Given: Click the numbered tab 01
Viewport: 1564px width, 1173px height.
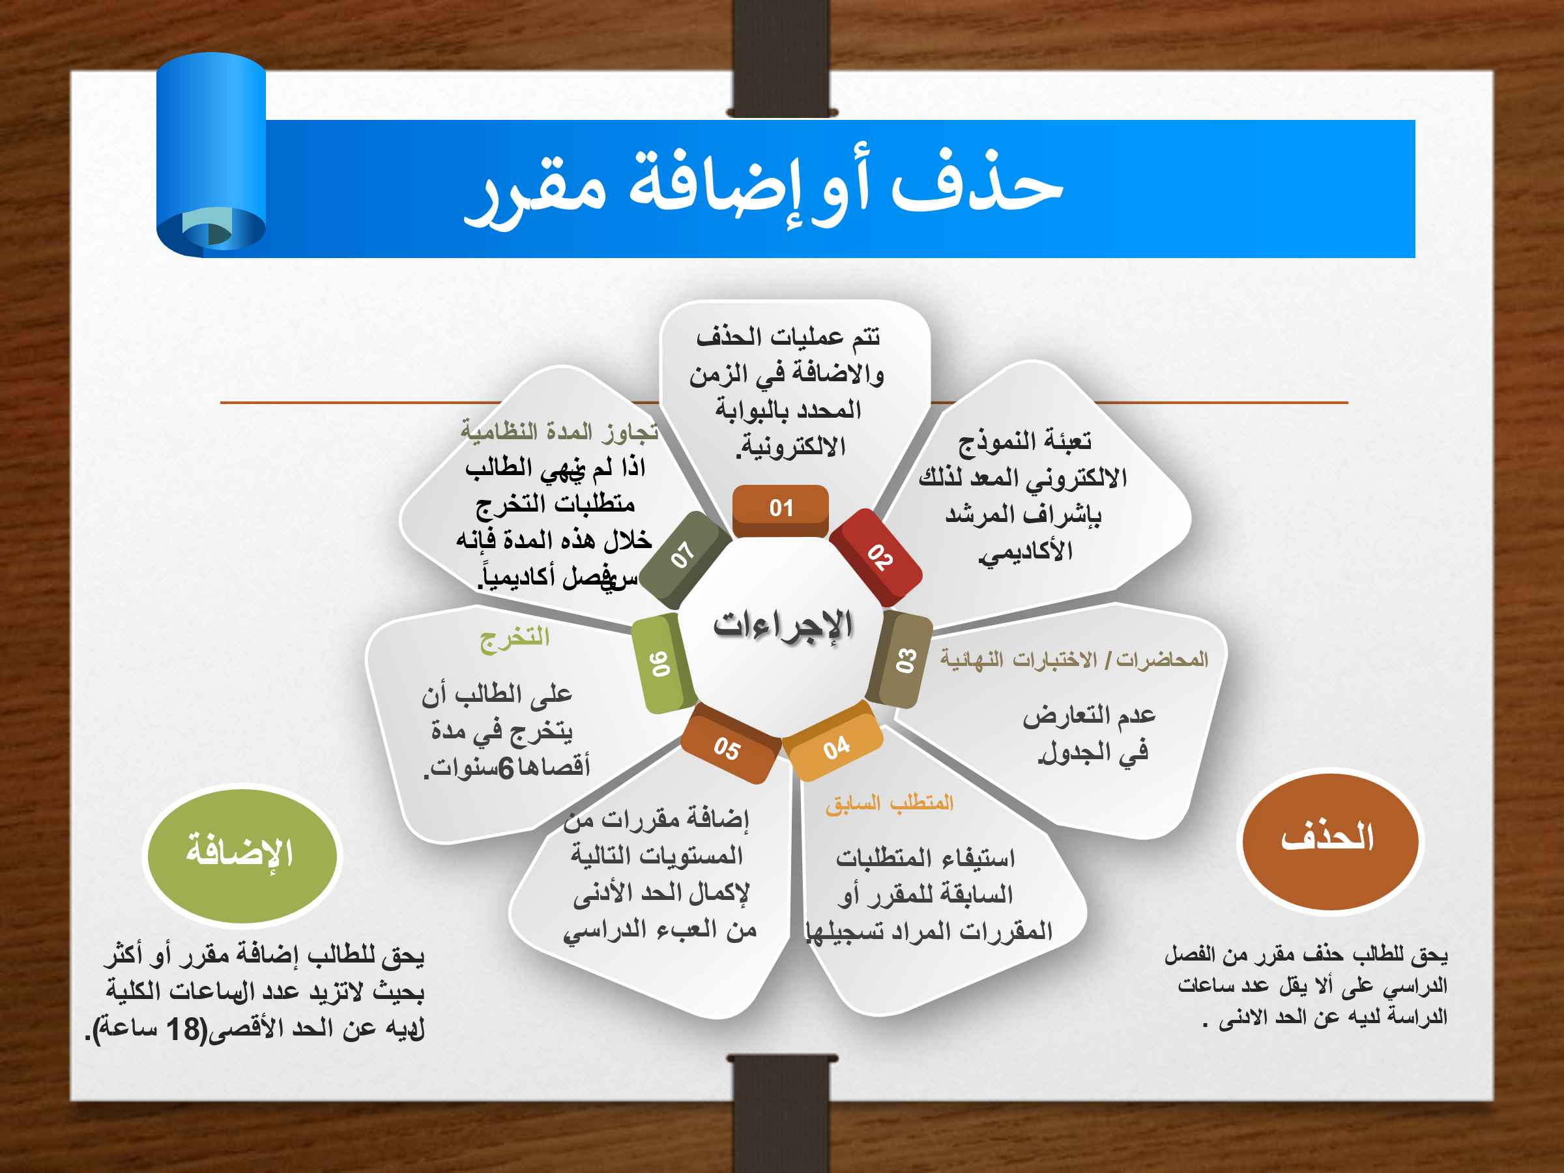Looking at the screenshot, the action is pos(781,510).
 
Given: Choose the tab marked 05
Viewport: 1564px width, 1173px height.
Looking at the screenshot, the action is pos(730,744).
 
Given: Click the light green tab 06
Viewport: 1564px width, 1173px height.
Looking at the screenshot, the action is pos(661,664).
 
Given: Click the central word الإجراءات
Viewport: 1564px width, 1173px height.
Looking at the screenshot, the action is pos(783,626).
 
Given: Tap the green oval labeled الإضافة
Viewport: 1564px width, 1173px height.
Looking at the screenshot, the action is pos(242,856).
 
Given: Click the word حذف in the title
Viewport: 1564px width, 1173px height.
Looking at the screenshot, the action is pos(978,182).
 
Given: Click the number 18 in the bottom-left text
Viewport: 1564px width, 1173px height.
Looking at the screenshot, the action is pos(184,1030).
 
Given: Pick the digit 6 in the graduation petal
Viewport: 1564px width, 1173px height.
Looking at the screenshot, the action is pos(506,768).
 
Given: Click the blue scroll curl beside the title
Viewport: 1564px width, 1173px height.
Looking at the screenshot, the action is pos(210,155).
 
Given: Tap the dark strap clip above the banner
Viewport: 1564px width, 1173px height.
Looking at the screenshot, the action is pos(782,59).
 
